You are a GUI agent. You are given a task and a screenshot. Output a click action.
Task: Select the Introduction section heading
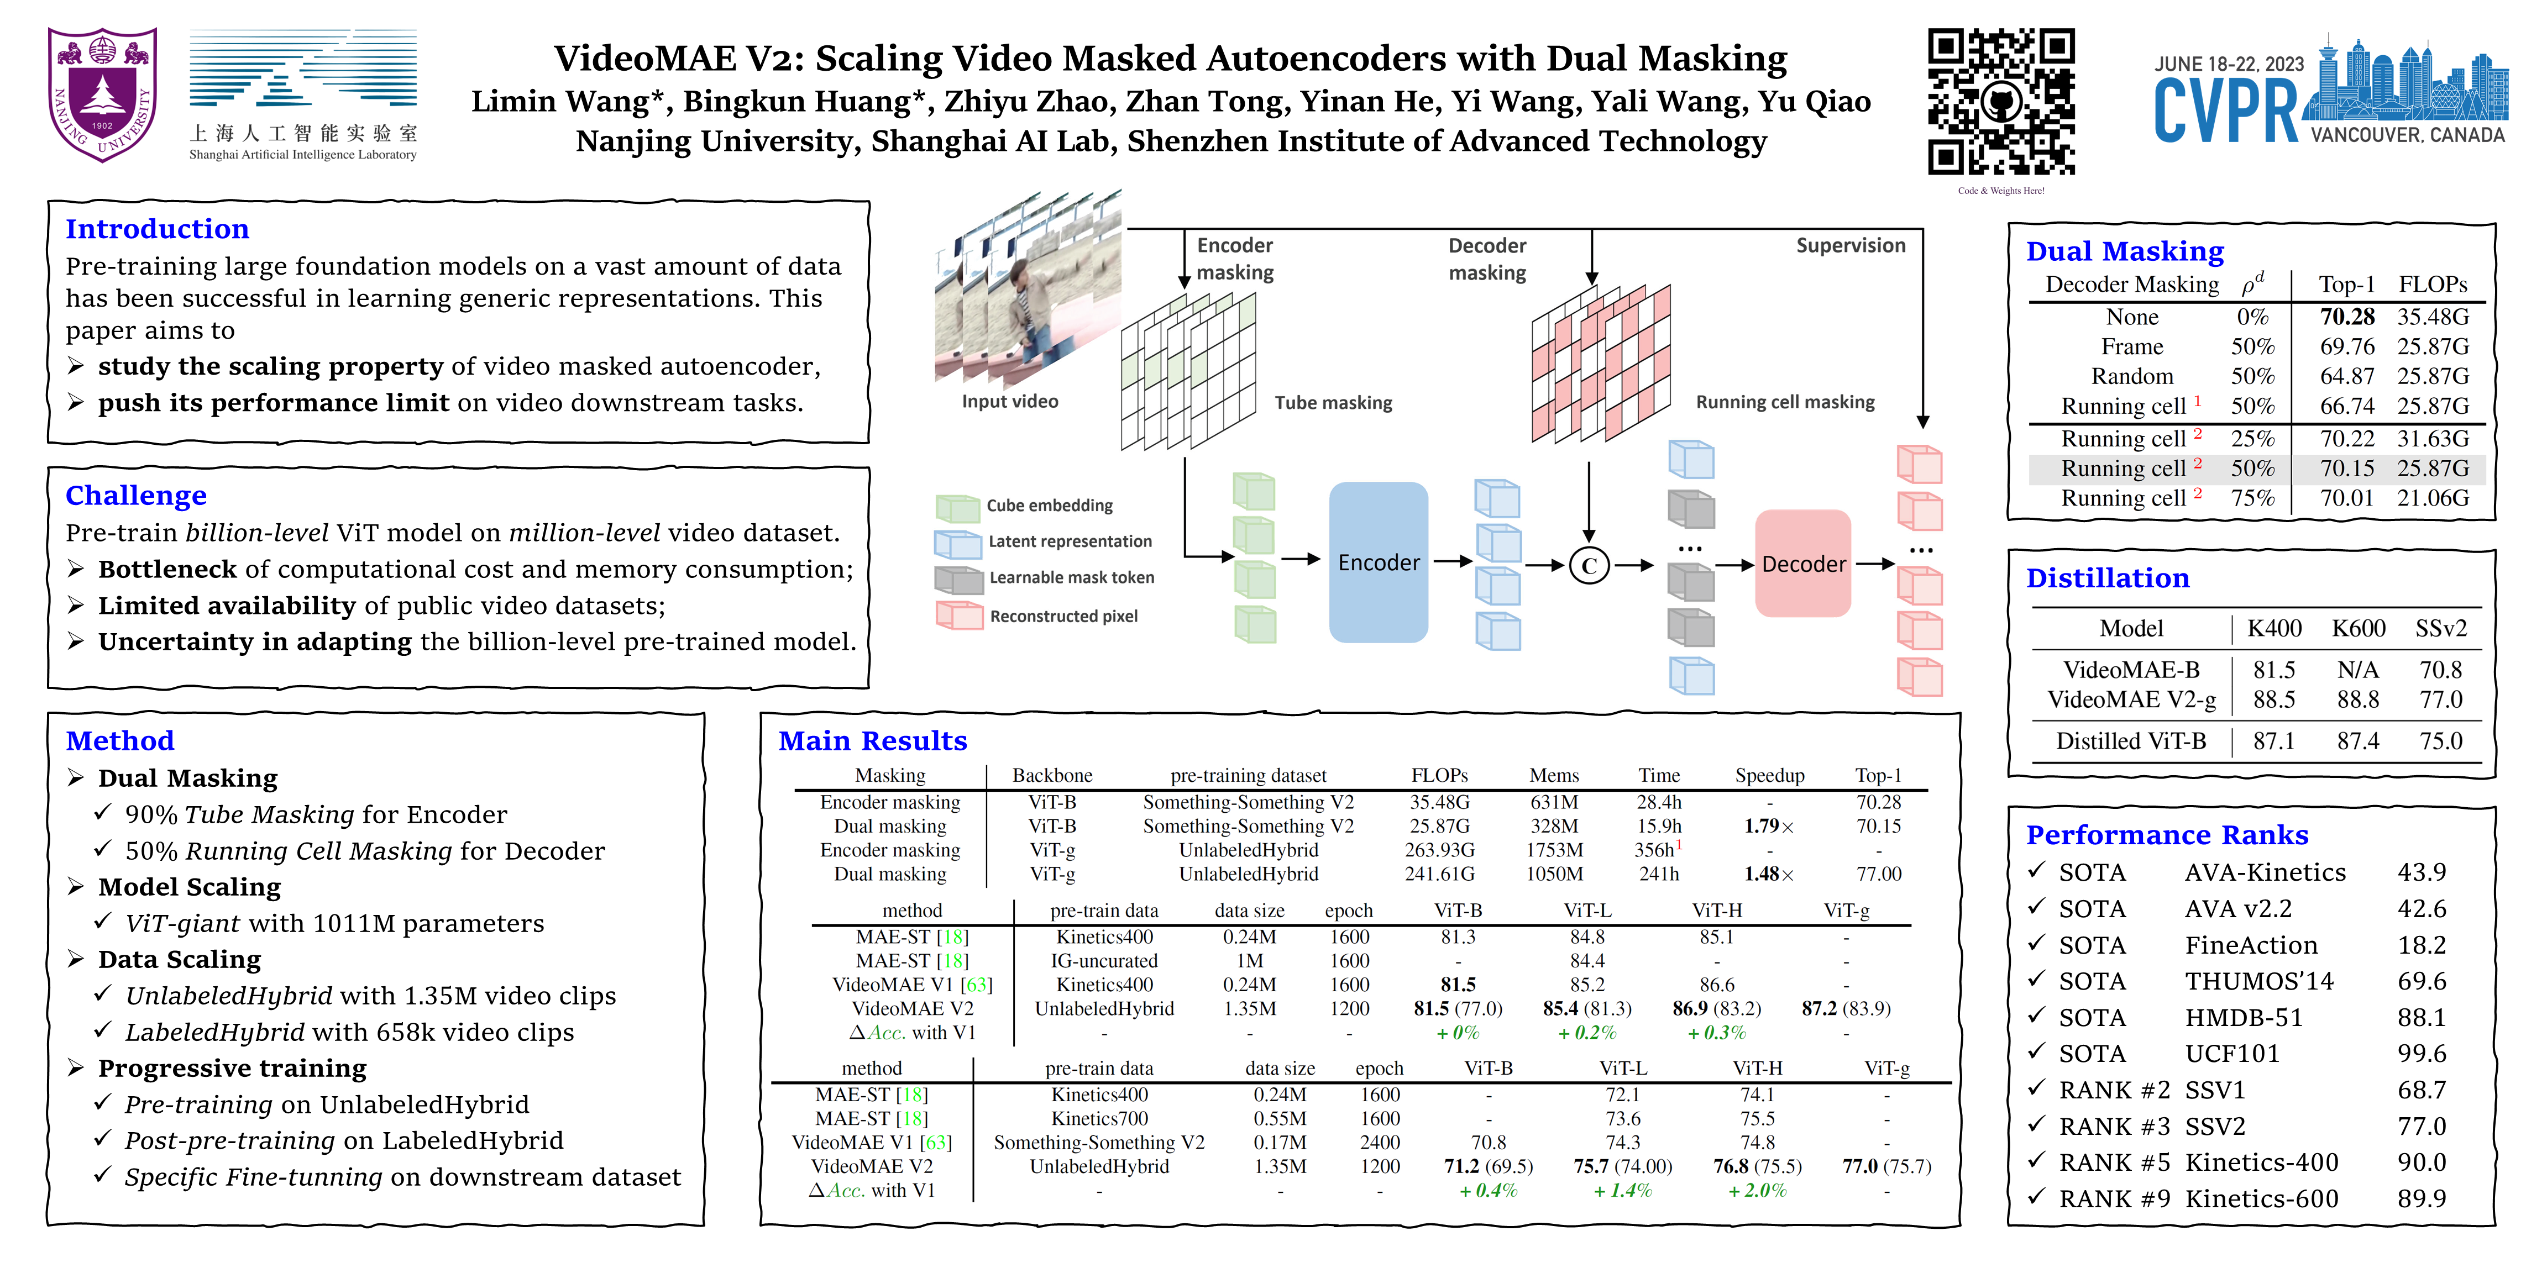157,229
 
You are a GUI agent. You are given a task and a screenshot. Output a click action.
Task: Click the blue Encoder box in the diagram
1379,562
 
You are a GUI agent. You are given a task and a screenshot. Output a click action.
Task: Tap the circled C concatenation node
1589,565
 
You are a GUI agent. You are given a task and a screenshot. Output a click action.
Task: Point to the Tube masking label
1333,402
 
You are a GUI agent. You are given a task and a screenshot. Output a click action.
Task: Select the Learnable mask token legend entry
1072,577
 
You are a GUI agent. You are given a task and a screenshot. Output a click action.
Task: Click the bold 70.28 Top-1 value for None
2346,317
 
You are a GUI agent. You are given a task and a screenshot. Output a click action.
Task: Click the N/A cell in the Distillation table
2357,670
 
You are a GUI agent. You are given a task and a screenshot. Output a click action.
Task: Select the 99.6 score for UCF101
2422,1054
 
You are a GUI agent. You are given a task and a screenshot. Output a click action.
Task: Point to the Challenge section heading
137,495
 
